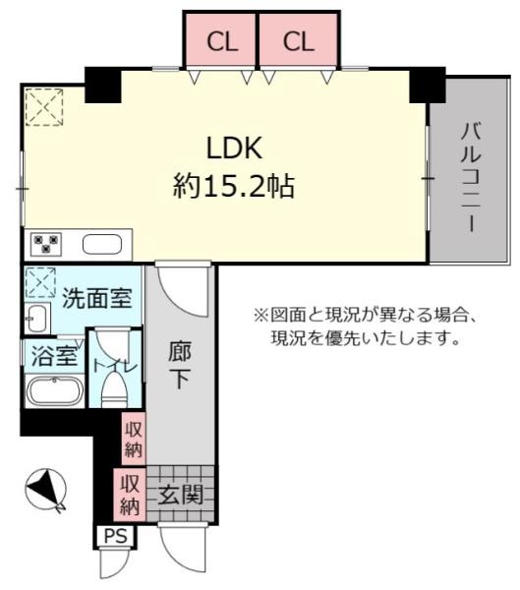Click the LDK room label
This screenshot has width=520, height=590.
pyautogui.click(x=232, y=148)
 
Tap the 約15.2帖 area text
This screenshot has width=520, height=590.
pyautogui.click(x=233, y=186)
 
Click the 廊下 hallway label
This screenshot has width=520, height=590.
pyautogui.click(x=178, y=365)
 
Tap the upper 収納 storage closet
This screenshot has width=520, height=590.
pyautogui.click(x=134, y=438)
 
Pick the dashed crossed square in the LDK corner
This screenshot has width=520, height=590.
pyautogui.click(x=43, y=107)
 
